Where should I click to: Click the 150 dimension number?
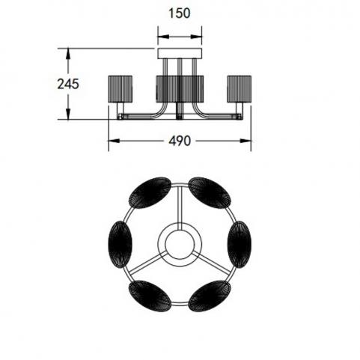tap(180, 13)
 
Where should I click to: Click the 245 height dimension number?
tap(68, 84)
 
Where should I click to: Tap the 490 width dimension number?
tap(180, 141)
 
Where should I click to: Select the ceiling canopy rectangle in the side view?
tap(180, 53)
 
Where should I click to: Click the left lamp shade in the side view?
tap(120, 88)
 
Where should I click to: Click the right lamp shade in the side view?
tap(240, 88)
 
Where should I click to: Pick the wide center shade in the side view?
tap(180, 88)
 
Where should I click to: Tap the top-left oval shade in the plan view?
tap(150, 193)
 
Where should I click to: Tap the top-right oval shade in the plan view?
tap(210, 193)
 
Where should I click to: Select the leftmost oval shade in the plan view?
tap(120, 245)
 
